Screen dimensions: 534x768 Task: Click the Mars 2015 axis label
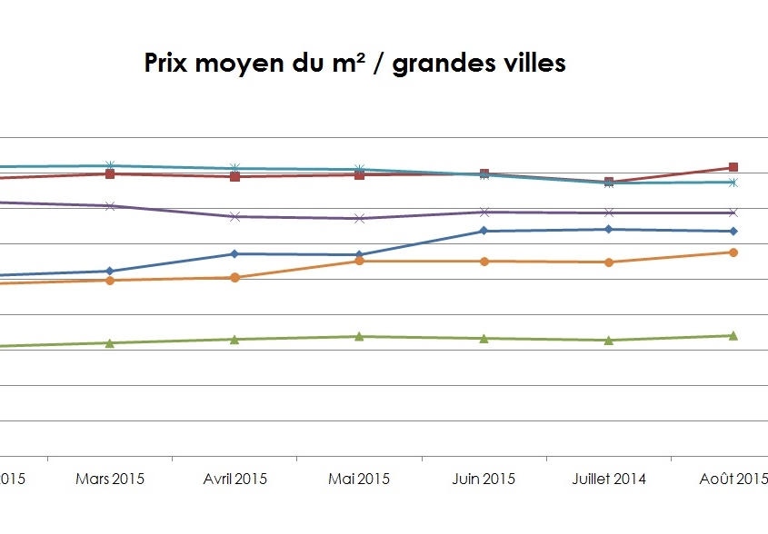click(110, 479)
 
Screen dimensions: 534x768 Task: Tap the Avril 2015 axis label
click(234, 479)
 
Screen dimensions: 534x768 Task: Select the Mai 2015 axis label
click(359, 479)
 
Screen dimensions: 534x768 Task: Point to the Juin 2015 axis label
click(484, 479)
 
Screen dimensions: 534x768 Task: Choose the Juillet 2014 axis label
click(608, 479)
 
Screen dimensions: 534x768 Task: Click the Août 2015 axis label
click(733, 479)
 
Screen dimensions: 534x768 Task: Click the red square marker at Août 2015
click(733, 168)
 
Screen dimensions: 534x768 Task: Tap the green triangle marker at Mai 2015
click(359, 336)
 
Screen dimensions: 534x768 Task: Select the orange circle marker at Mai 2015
click(359, 262)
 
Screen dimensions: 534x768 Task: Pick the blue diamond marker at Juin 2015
click(484, 231)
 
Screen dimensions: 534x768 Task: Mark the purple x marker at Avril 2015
click(234, 216)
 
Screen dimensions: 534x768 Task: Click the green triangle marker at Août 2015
click(733, 335)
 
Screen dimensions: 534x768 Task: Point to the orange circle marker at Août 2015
click(733, 252)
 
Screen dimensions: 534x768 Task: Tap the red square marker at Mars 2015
click(110, 173)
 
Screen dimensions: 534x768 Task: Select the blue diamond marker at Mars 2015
click(110, 271)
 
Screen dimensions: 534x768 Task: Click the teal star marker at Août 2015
click(733, 183)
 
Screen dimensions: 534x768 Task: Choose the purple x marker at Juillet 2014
click(608, 213)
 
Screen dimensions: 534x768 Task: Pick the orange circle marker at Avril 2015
click(234, 277)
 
